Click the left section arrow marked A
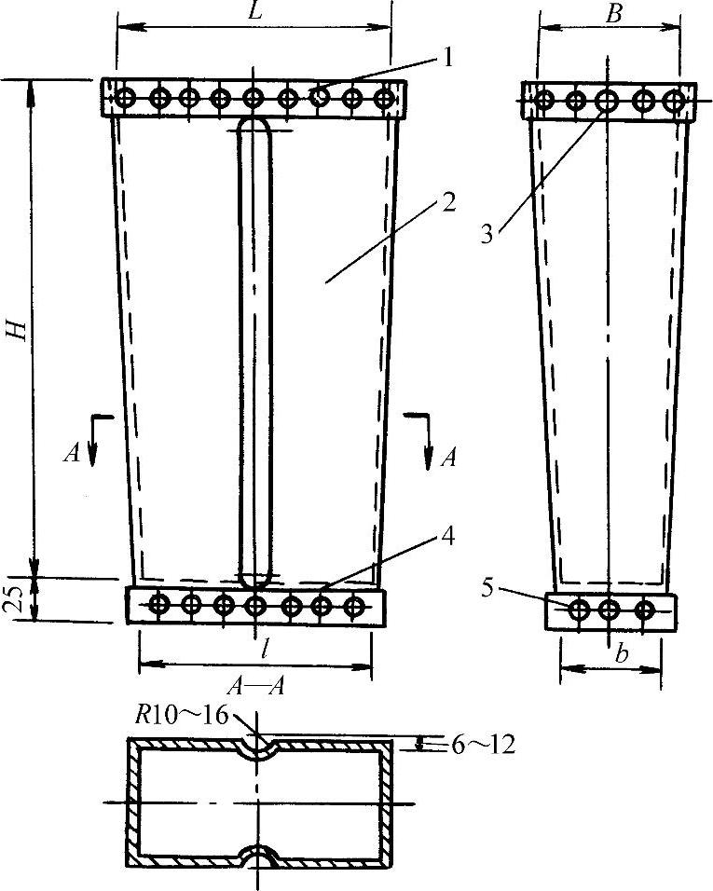click(91, 445)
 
